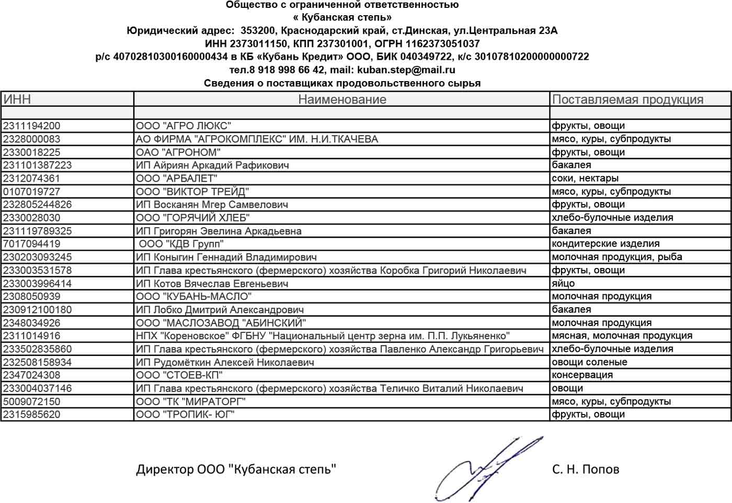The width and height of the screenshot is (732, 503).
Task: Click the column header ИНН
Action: (x=17, y=99)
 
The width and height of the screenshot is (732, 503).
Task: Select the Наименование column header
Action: (x=342, y=99)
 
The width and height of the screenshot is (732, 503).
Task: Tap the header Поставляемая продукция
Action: (x=627, y=99)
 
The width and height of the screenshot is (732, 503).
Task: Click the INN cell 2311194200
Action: (x=32, y=126)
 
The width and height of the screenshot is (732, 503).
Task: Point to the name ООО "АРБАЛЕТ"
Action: (x=176, y=178)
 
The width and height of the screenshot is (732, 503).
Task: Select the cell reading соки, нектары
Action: (x=585, y=178)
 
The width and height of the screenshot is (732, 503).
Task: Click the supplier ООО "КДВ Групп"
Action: (x=181, y=244)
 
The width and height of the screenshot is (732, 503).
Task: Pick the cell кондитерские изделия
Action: (x=605, y=244)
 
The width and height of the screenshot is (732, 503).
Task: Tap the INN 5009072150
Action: (x=32, y=401)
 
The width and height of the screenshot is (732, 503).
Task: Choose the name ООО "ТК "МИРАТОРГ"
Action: (x=190, y=401)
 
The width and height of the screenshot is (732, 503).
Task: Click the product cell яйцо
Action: (x=563, y=283)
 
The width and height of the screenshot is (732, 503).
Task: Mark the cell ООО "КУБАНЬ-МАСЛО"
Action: (x=193, y=296)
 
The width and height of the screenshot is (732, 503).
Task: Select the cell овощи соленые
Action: (x=589, y=362)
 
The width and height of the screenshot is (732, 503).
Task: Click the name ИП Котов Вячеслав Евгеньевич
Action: (x=212, y=283)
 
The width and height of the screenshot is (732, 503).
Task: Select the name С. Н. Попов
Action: (x=586, y=469)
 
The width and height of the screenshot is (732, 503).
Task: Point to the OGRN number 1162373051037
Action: (x=442, y=43)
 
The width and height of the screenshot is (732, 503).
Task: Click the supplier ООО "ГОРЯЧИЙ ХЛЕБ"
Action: (x=192, y=218)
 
